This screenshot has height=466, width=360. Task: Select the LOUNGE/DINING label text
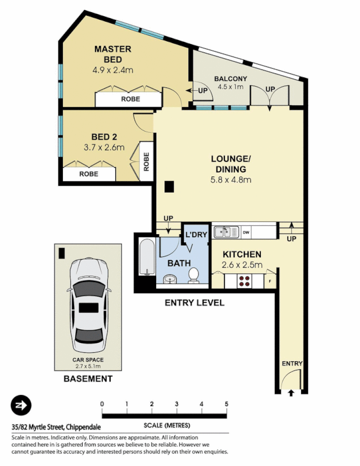pyautogui.click(x=231, y=164)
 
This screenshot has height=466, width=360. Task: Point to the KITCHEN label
pyautogui.click(x=241, y=255)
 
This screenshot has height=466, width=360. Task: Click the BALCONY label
pyautogui.click(x=231, y=79)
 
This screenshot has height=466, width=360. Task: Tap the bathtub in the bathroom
pyautogui.click(x=146, y=259)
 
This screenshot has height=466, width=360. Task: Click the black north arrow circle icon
pyautogui.click(x=20, y=405)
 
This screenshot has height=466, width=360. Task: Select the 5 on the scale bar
pyautogui.click(x=225, y=404)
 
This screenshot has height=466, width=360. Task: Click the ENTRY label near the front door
pyautogui.click(x=292, y=363)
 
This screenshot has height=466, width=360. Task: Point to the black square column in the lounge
pyautogui.click(x=169, y=186)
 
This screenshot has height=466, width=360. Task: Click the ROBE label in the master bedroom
pyautogui.click(x=130, y=99)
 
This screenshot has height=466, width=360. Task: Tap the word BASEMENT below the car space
pyautogui.click(x=88, y=379)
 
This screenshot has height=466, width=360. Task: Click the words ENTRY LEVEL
pyautogui.click(x=194, y=303)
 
